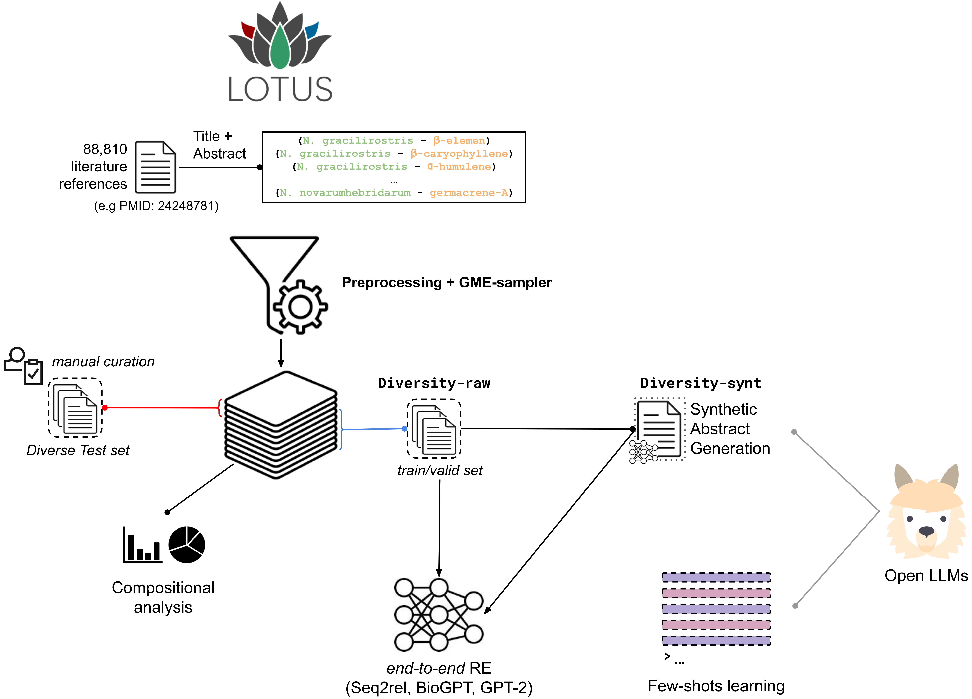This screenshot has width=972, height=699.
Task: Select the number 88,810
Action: [105, 149]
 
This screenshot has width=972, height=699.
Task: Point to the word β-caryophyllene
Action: [459, 153]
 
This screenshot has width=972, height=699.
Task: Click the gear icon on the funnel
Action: [300, 307]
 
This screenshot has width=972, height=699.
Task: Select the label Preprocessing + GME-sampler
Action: [447, 283]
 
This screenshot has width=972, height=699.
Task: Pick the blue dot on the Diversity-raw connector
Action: [404, 428]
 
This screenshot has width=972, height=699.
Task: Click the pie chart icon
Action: [187, 544]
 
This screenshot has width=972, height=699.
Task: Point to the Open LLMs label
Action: [926, 576]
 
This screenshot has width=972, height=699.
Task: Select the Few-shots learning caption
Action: [716, 686]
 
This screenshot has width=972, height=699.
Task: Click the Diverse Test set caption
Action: [78, 451]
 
